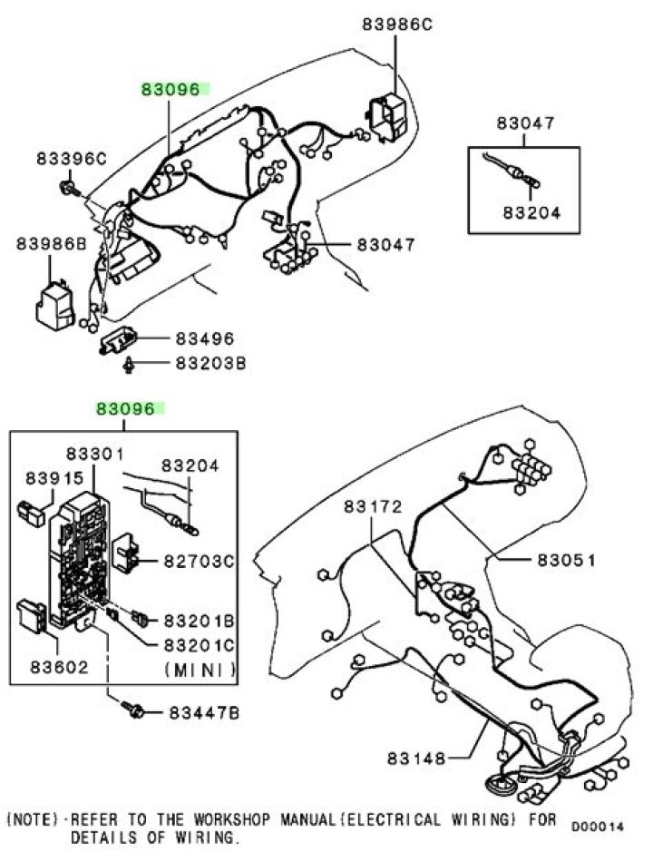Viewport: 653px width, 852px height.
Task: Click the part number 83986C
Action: pyautogui.click(x=397, y=24)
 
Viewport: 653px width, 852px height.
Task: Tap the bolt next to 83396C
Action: pyautogui.click(x=69, y=188)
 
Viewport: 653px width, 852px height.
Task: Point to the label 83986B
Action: pyautogui.click(x=51, y=243)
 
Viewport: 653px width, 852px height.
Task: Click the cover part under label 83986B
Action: pyautogui.click(x=54, y=307)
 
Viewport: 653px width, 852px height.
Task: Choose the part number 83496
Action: pyautogui.click(x=205, y=338)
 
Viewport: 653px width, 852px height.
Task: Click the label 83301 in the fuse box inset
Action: pyautogui.click(x=95, y=453)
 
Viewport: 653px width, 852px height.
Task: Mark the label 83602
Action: pyautogui.click(x=59, y=666)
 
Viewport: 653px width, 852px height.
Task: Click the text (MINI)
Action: pyautogui.click(x=200, y=670)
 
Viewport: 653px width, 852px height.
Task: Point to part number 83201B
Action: pyautogui.click(x=199, y=620)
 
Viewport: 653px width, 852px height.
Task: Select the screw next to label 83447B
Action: pyautogui.click(x=133, y=709)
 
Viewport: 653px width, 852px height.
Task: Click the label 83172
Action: pyautogui.click(x=373, y=506)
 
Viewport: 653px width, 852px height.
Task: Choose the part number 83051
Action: pyautogui.click(x=567, y=559)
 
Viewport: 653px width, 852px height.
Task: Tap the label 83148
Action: pyautogui.click(x=416, y=758)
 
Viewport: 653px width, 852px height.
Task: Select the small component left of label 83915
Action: pyautogui.click(x=31, y=514)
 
